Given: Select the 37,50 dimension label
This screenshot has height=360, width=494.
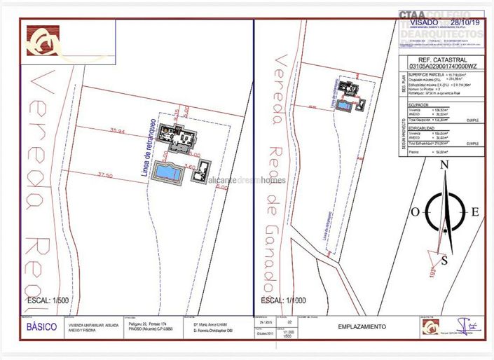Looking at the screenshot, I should click(106, 175).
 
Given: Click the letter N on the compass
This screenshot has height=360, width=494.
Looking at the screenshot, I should click(443, 166).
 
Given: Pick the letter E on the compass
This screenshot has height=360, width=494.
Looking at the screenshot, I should click(474, 212).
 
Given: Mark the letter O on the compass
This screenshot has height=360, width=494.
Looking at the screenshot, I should click(415, 212).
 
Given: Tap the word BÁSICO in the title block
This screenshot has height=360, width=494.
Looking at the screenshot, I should click(42, 327).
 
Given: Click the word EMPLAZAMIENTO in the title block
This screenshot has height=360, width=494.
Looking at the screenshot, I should click(360, 327).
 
